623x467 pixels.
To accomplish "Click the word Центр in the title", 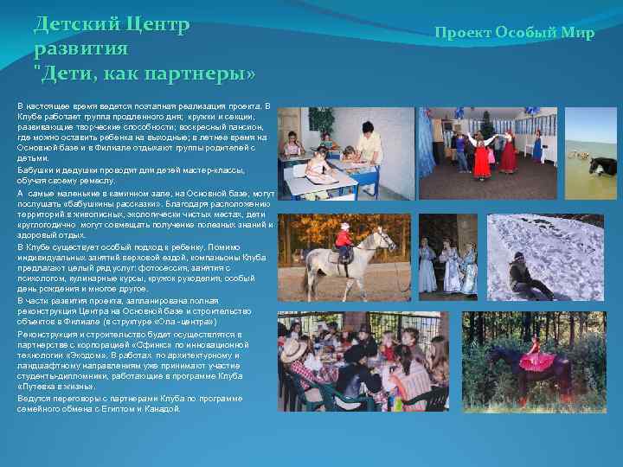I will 157,24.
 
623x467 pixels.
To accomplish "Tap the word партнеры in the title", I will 200,74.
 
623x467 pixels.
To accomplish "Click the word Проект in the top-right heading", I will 463,33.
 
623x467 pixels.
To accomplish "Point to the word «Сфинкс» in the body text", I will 174,343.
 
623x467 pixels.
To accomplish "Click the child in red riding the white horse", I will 344,241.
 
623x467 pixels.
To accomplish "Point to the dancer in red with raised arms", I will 507,149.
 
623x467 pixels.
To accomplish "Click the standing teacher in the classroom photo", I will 367,143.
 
